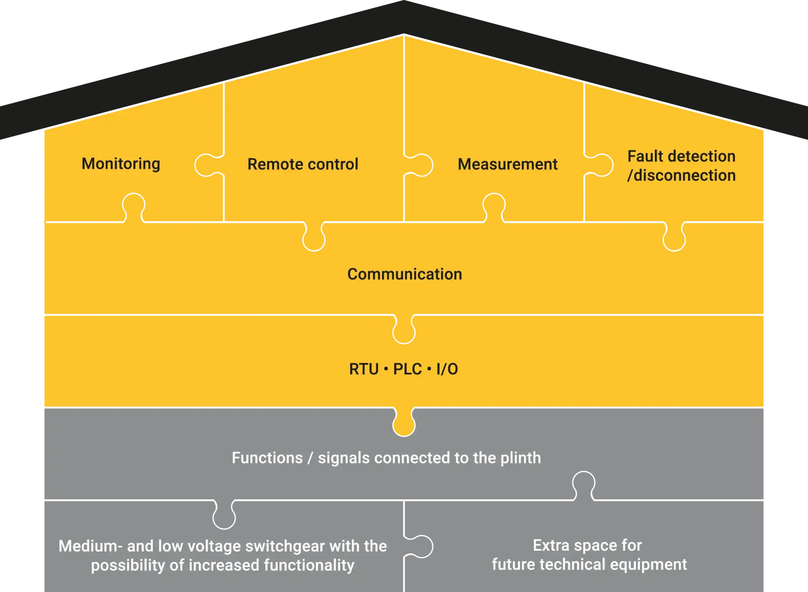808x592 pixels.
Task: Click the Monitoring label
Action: pos(121,164)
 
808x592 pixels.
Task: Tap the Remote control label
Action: pos(303,164)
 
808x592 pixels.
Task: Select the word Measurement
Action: pos(508,164)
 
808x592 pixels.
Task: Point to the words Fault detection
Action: pos(681,156)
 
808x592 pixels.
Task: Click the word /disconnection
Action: pos(681,176)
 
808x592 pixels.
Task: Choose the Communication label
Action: pos(404,274)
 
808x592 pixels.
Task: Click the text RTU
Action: pos(364,369)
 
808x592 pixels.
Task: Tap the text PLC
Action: pos(407,369)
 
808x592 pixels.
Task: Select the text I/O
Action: pos(447,369)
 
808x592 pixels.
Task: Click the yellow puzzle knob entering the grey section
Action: pos(404,424)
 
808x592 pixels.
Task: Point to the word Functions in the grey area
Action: pos(267,458)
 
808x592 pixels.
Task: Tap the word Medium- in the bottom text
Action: pos(90,546)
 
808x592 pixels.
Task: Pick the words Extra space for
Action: pos(587,545)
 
